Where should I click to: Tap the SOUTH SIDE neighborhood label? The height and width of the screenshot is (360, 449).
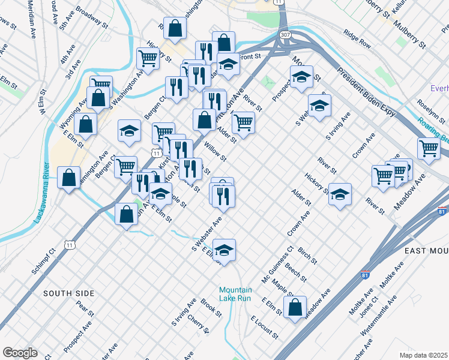[69, 293]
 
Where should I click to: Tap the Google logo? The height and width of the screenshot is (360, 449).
[20, 353]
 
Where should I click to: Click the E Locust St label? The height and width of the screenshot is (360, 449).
[265, 327]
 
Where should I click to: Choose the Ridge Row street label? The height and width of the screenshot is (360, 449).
[357, 43]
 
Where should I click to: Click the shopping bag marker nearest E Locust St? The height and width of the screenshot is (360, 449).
[295, 308]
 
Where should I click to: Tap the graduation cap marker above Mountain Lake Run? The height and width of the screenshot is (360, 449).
[224, 250]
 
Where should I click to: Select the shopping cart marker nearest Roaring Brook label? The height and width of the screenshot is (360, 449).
[429, 148]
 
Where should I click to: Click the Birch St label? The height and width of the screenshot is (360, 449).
[307, 256]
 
